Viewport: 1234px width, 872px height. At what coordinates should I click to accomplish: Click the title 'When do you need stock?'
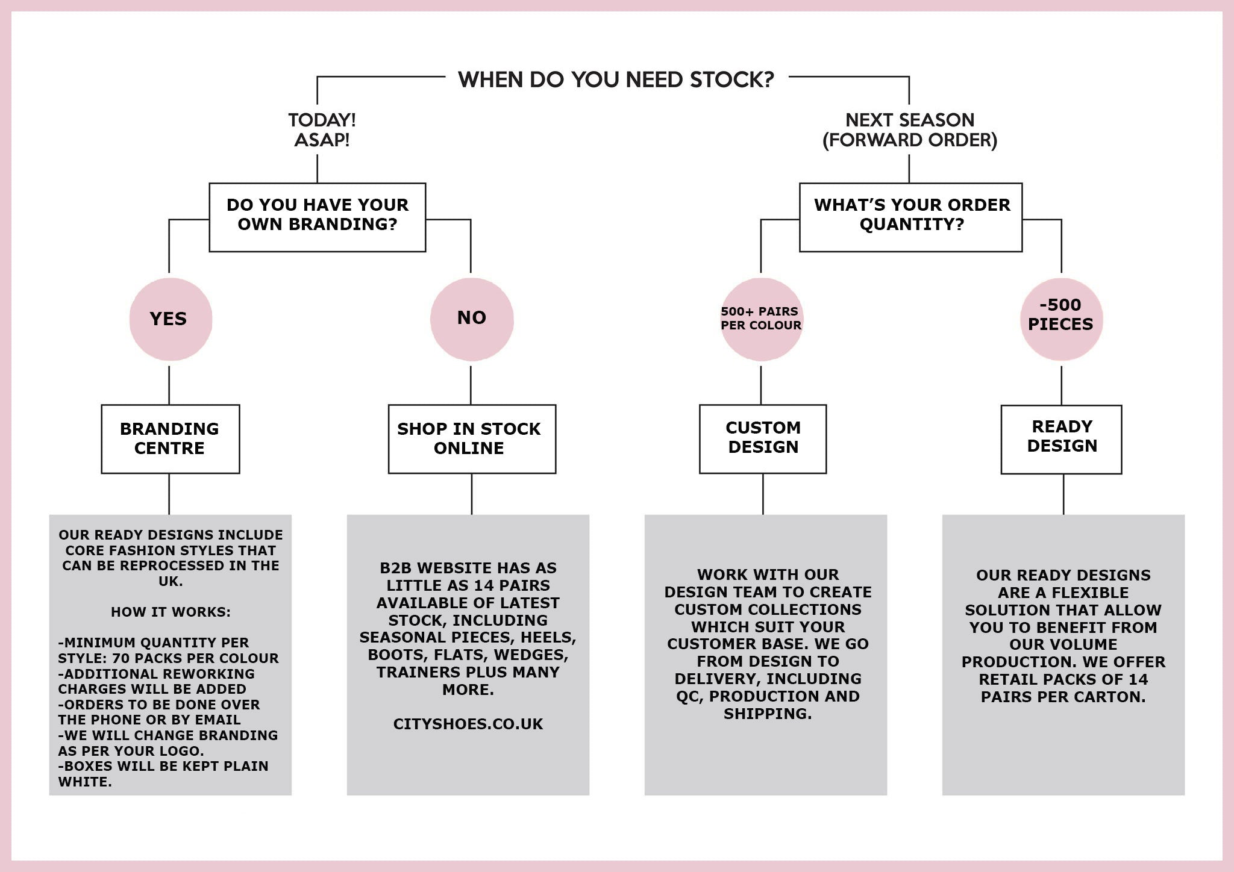(616, 79)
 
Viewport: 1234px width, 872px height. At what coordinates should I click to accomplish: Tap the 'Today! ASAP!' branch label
(322, 129)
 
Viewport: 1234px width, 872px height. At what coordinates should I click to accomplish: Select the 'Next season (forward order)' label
(909, 129)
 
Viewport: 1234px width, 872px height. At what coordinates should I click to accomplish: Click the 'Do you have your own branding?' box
(318, 217)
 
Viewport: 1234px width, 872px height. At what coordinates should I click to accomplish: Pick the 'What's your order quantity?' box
(911, 217)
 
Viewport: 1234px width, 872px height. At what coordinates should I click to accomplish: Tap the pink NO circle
(472, 319)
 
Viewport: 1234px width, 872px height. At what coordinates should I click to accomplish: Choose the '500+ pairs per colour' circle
(762, 319)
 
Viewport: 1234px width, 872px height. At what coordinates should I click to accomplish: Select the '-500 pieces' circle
(1061, 319)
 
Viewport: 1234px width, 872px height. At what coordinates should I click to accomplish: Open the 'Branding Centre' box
(171, 438)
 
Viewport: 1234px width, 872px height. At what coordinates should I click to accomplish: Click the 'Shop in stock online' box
(472, 438)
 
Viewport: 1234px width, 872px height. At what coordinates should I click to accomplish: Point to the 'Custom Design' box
(763, 438)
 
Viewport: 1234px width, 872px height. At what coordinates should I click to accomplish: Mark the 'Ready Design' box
(1062, 439)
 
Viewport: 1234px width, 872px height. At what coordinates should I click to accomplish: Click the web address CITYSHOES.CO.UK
(468, 724)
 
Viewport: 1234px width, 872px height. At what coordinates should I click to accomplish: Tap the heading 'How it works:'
(171, 612)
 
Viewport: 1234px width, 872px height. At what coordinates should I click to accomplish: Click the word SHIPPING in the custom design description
(766, 714)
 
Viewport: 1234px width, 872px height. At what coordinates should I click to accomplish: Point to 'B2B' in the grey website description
(395, 568)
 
